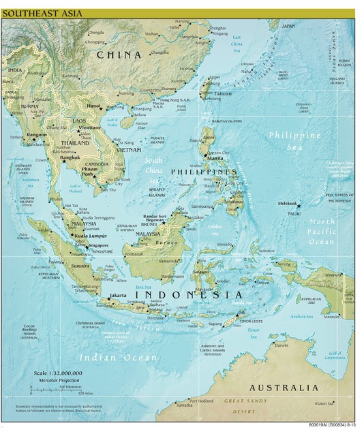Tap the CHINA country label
pyautogui.click(x=130, y=54)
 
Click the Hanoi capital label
pyautogui.click(x=94, y=106)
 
